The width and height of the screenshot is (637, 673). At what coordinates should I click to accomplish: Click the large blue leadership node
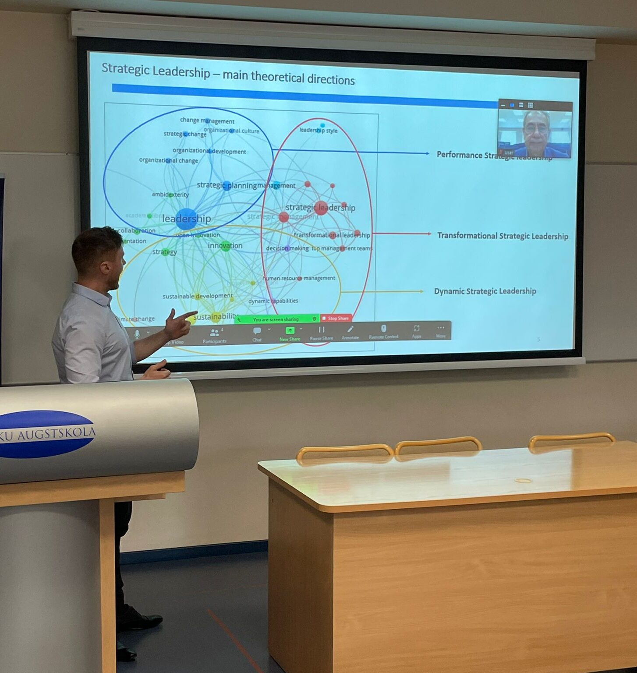coord(186,219)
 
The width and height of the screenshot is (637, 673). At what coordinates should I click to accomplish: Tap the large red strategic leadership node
coord(321,208)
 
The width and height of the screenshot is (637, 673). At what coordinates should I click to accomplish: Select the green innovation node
coord(226,246)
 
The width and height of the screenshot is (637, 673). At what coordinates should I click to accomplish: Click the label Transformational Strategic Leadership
coord(503,236)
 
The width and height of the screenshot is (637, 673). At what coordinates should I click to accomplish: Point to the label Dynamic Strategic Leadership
coord(485,291)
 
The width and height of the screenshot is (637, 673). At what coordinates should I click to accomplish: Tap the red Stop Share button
coord(336,318)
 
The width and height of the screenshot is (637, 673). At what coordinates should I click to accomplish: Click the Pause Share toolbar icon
coord(322,332)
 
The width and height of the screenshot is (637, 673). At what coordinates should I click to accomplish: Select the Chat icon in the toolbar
coord(257,333)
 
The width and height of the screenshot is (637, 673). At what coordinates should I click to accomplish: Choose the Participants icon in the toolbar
coord(214,335)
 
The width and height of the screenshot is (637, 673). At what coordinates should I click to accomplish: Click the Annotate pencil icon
coord(350,332)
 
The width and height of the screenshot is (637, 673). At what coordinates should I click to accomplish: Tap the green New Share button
coord(290,333)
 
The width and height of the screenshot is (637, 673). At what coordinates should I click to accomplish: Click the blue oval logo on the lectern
coord(46,434)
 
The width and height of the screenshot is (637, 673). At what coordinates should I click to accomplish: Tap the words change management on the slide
coord(207,120)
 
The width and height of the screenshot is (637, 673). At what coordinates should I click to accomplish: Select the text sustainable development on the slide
coord(198,296)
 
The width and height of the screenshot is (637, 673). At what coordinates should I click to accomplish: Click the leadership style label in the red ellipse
coord(318,131)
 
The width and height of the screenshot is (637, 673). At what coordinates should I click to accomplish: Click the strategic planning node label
coord(226,185)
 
